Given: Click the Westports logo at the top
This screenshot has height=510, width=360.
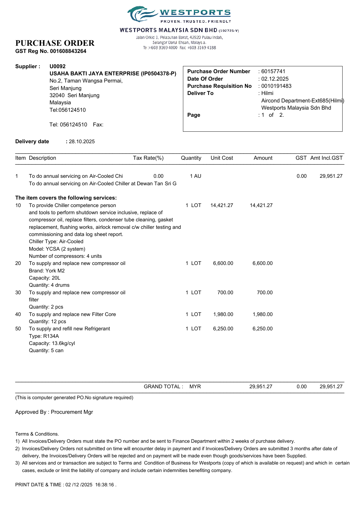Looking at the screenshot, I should pos(179,15).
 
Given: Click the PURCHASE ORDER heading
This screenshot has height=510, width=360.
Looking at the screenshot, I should pos(55,43).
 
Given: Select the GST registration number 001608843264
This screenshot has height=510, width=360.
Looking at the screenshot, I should pos(68,51).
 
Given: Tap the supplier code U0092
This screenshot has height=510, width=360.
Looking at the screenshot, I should pos(58,66).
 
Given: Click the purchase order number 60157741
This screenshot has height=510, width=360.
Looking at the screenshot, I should pos(273,71).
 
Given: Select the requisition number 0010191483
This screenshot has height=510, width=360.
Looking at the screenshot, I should pos(276,86).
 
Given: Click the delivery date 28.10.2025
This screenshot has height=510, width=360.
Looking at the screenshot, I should pos(82,141).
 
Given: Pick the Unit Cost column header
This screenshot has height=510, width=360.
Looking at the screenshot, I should pos(222,158).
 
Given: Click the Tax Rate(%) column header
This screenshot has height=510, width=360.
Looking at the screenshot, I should pos(148,158).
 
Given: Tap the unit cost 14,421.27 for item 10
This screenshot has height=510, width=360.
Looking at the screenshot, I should pos(222,205).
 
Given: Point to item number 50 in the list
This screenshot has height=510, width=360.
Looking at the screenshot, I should pos(18,328).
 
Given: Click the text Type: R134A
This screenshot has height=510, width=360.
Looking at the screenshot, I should pos(44,336).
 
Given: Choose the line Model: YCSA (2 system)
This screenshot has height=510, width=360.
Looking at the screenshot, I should pos(57,249).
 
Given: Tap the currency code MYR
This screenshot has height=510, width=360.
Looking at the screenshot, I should pos(195,386).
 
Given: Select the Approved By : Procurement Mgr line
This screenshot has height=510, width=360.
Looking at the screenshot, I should pos(54,412).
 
